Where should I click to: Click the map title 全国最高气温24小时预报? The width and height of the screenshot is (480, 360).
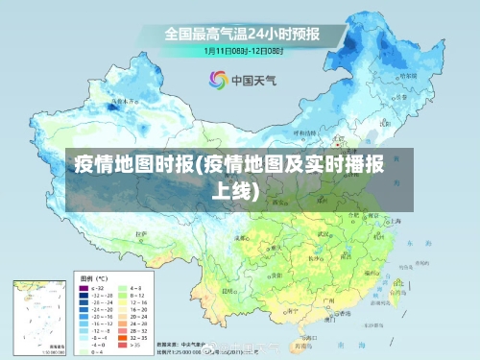pyautogui.click(x=241, y=35)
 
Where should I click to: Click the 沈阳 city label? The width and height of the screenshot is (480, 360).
pyautogui.click(x=389, y=126)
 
